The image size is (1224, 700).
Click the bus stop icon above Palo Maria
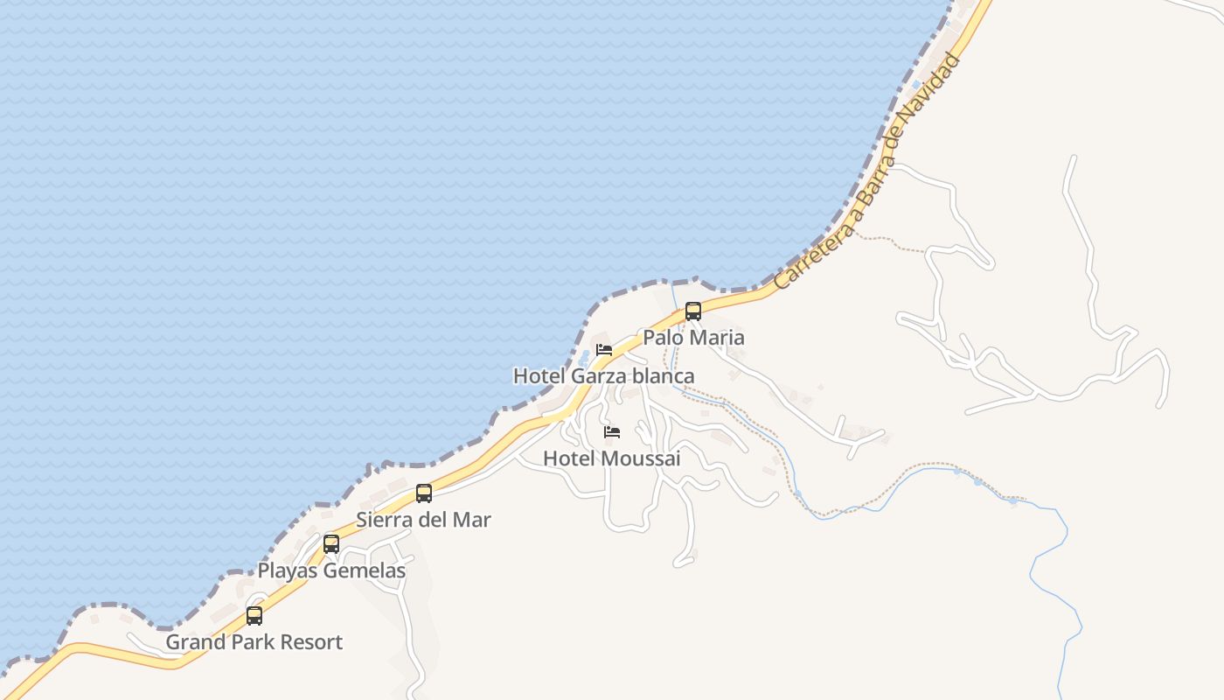(693, 311)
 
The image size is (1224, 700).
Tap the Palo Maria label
(693, 337)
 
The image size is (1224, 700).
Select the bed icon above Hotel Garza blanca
(603, 350)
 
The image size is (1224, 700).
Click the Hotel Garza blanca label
(603, 376)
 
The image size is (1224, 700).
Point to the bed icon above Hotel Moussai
(612, 432)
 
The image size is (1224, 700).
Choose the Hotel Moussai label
(611, 458)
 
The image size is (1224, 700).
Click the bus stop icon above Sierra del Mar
(424, 493)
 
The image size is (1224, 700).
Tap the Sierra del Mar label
(423, 520)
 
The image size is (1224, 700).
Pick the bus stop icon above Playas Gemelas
(331, 544)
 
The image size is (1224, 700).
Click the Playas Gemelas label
(331, 571)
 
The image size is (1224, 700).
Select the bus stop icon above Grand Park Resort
(254, 616)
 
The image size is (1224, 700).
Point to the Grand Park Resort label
(254, 642)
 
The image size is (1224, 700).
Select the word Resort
(311, 642)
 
